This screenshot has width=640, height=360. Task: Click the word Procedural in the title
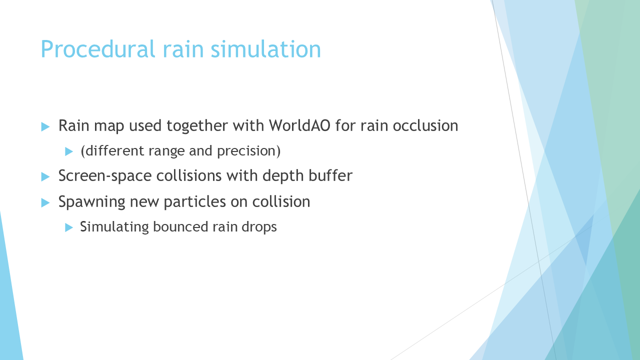[97, 49]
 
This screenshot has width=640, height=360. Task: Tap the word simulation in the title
[265, 49]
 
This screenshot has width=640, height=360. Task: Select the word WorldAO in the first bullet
[299, 125]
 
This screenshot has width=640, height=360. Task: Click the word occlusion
[425, 125]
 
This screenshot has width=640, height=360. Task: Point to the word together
[197, 126]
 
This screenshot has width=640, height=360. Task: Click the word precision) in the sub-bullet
[249, 151]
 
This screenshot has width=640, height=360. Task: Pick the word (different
[112, 151]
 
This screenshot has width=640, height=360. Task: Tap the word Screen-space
[105, 176]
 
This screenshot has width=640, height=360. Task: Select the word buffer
[330, 175]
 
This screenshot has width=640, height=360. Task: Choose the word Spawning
[91, 202]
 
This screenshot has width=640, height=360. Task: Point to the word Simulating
[114, 227]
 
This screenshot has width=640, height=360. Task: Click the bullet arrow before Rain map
[45, 126]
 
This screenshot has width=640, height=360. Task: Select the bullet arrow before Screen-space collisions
[45, 176]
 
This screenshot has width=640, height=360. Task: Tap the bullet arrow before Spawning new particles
[45, 202]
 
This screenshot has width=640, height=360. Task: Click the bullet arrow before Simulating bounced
[69, 227]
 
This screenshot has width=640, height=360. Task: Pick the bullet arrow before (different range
[69, 151]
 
